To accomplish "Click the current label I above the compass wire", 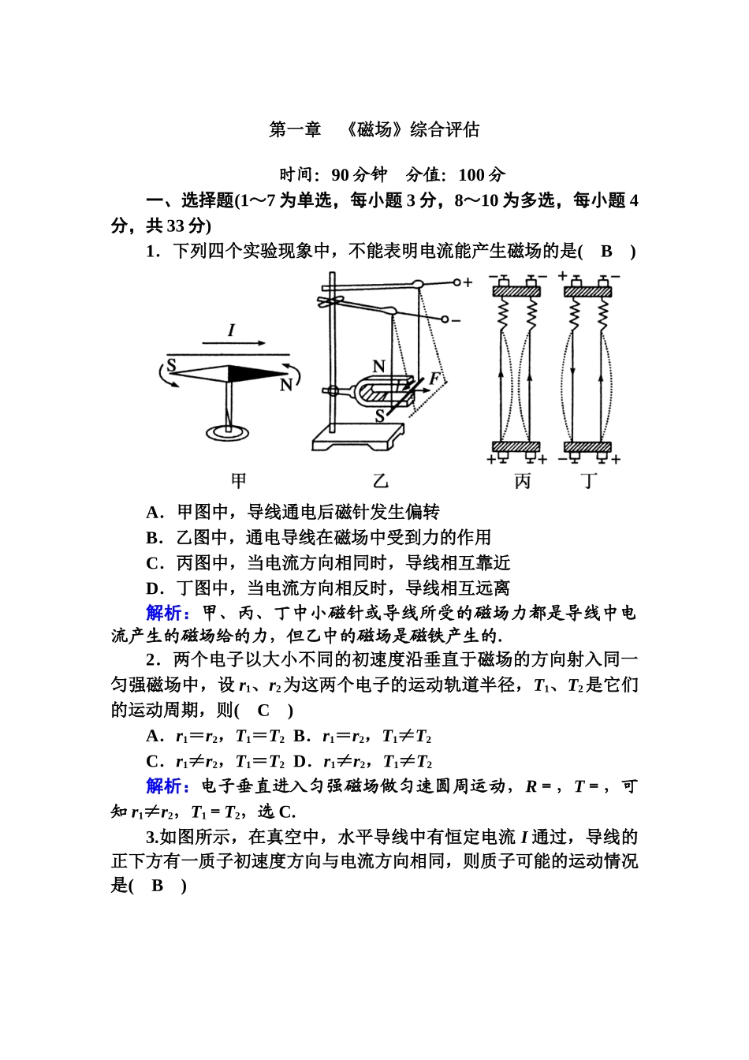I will click(x=231, y=330).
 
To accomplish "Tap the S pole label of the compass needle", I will click(x=171, y=365).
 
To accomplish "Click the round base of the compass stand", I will click(x=229, y=432).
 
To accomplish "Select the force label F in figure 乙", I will click(x=434, y=379).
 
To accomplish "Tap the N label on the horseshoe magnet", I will click(x=379, y=366).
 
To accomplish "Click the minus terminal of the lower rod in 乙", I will click(x=456, y=320).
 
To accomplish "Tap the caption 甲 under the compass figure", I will click(x=239, y=480).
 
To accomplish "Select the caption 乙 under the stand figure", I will click(x=381, y=480).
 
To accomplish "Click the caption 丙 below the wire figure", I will click(x=523, y=480).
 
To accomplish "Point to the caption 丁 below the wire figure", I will click(x=590, y=480).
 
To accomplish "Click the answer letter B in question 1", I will click(x=606, y=252).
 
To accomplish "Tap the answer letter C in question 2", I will click(x=263, y=711).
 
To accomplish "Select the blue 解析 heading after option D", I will click(x=167, y=614).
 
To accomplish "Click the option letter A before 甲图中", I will click(x=154, y=513).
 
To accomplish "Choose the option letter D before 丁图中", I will click(x=154, y=588).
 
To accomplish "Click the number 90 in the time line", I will click(x=341, y=175).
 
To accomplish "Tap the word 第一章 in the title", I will click(x=296, y=130).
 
